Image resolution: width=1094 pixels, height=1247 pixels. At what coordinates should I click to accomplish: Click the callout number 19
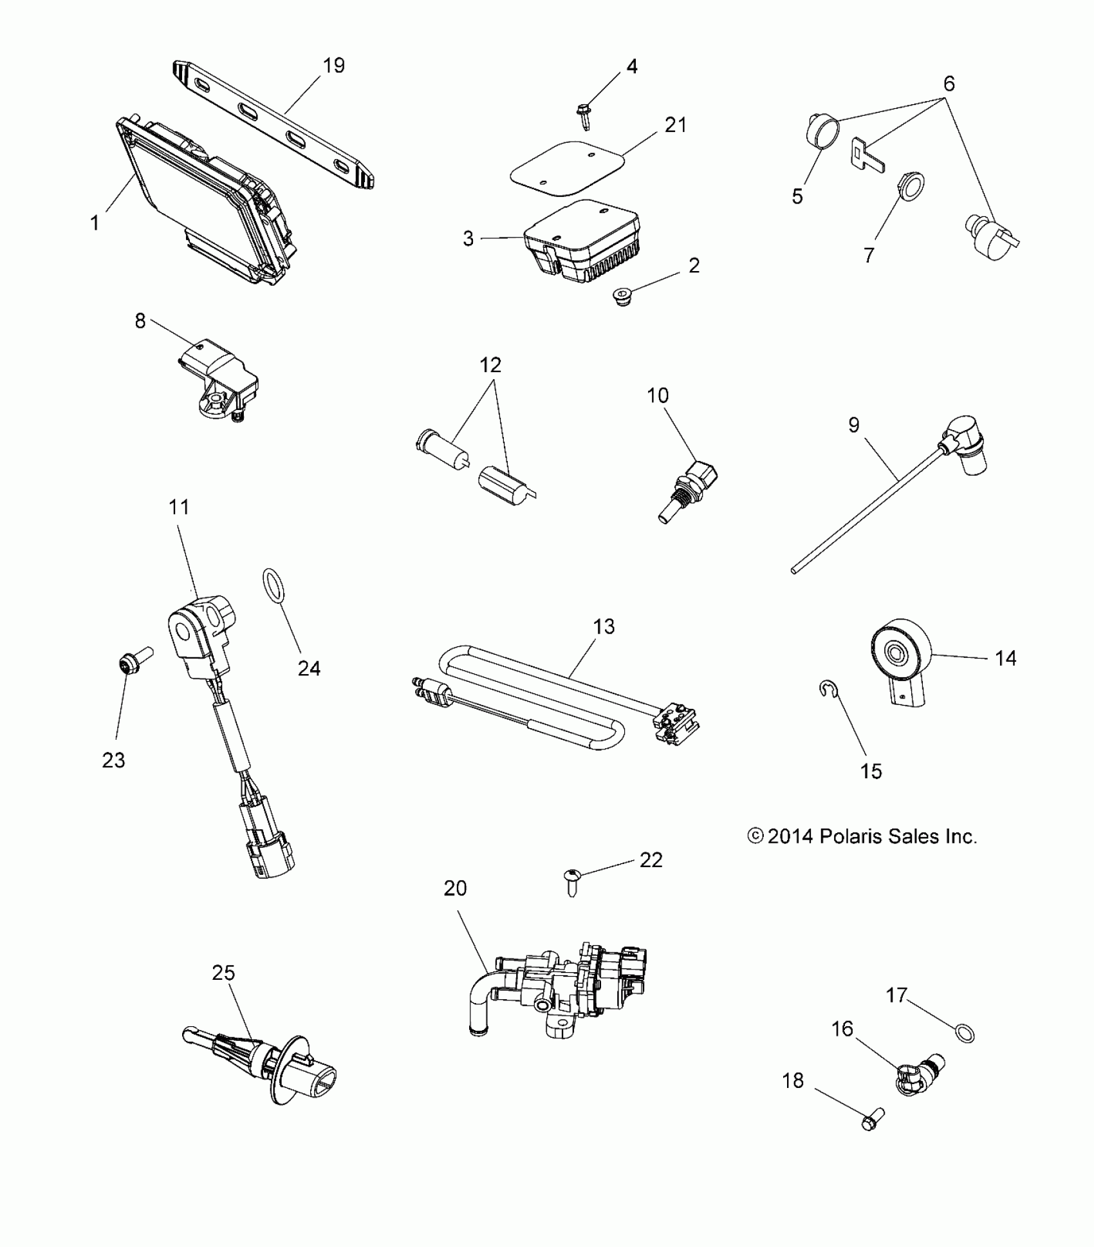333,66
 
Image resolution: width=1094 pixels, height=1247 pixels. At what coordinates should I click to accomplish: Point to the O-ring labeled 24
274,586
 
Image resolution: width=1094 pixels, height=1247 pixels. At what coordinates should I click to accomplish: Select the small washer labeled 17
964,1035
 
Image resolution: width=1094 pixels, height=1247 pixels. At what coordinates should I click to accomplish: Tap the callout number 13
604,626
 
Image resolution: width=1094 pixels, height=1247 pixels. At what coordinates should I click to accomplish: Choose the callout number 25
223,973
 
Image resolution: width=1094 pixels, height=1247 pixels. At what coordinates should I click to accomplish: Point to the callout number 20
455,888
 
